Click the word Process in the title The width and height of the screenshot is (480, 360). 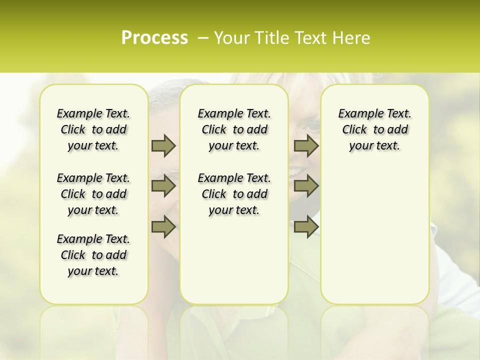coord(154,38)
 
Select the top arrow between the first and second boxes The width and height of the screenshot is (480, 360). coord(163,145)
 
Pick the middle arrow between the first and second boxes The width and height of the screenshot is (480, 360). coord(163,186)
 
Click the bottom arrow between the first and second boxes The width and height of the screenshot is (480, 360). coord(163,226)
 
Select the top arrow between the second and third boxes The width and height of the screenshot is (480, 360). coord(306,145)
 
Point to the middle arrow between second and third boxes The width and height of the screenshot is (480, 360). coord(306,186)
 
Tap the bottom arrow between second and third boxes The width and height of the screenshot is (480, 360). coord(306,226)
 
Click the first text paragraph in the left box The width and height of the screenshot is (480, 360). coord(93,129)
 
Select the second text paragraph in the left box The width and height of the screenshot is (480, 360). coord(93,194)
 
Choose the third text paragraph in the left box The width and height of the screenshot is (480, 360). coord(93,255)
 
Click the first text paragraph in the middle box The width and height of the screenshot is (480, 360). coord(234,129)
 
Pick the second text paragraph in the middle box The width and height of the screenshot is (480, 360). coord(234,194)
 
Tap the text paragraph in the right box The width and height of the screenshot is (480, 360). coord(375,129)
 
